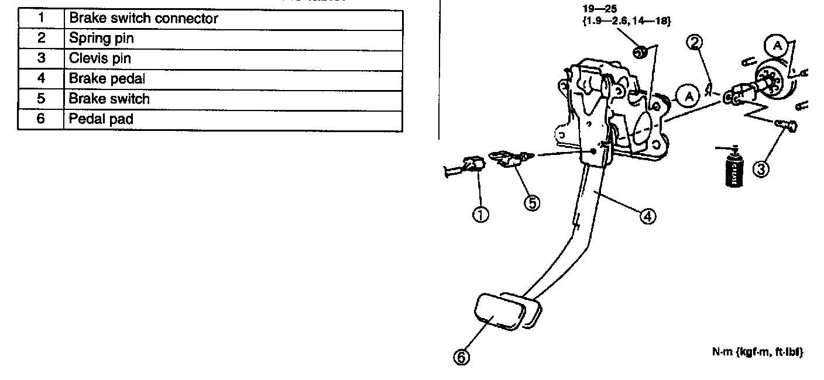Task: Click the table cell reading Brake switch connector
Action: coord(143,19)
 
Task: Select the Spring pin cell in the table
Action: coord(101,39)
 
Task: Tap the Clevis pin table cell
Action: coord(100,59)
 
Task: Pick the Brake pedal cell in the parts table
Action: coord(107,79)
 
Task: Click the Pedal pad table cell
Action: coord(101,119)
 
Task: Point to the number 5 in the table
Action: coord(40,99)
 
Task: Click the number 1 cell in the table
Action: coord(40,19)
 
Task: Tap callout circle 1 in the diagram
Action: coord(480,215)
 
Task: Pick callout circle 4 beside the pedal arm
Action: coord(647,216)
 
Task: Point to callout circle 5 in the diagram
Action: coord(532,203)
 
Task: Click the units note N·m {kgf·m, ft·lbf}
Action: coord(756,352)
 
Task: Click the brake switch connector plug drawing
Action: coord(466,167)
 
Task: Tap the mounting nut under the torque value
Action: coord(640,53)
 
